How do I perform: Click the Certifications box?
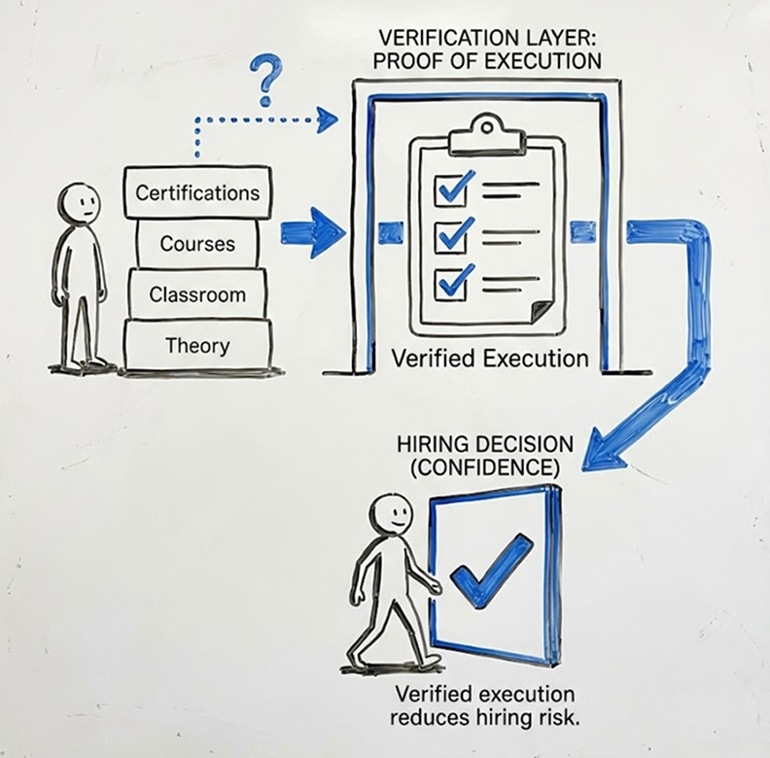(197, 191)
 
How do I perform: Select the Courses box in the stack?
(197, 243)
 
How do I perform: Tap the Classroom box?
(197, 294)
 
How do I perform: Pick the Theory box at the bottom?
(197, 345)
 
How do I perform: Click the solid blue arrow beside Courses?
(312, 233)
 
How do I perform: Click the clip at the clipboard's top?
(486, 127)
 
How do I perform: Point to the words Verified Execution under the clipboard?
(490, 358)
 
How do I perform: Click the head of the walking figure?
(391, 510)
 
